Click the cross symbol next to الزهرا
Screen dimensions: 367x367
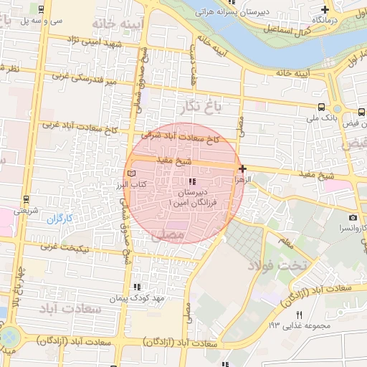coord(243,169)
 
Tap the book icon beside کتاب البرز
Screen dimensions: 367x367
coord(130,173)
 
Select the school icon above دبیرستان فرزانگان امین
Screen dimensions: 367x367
coord(191,183)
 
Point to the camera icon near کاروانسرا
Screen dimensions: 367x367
coord(353,217)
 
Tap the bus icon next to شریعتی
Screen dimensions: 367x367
coord(26,199)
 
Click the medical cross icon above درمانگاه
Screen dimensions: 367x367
coord(325,9)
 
